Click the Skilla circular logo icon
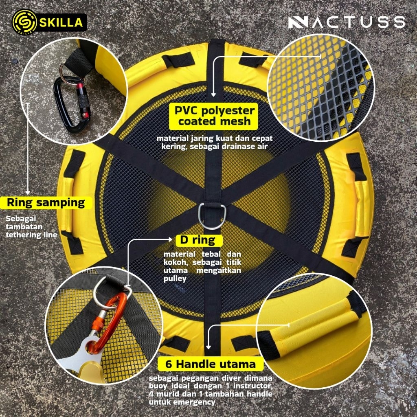25,22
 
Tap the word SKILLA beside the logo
61,23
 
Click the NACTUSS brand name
347,22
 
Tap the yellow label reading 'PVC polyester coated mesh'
213,116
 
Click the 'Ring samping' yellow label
46,203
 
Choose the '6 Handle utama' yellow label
211,364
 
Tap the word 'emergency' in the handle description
195,402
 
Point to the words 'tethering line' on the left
31,235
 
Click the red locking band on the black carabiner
80,86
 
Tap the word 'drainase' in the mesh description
236,147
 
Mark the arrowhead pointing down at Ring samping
28,193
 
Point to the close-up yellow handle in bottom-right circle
314,327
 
